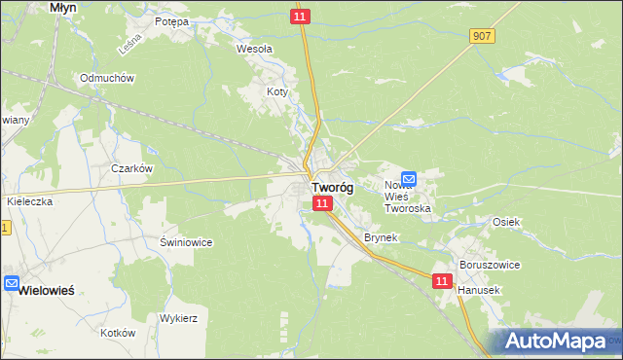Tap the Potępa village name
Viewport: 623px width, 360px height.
[x=171, y=20]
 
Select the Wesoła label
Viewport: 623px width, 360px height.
[x=255, y=48]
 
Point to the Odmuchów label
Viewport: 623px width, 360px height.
[x=107, y=78]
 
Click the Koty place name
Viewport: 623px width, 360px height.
[x=277, y=91]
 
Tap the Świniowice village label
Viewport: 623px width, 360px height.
[x=186, y=241]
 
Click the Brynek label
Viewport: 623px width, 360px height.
[x=381, y=237]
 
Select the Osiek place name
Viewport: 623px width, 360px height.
[x=507, y=222]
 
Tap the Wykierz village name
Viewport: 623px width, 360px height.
[x=178, y=318]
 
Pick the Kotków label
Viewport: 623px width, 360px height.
[x=118, y=332]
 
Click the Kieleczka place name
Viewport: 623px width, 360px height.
[x=28, y=200]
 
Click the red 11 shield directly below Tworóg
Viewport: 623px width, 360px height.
[x=323, y=202]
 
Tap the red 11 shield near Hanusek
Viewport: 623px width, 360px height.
[x=443, y=280]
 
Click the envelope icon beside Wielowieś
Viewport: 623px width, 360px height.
[x=12, y=284]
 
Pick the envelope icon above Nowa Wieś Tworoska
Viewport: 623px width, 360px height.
[x=409, y=179]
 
